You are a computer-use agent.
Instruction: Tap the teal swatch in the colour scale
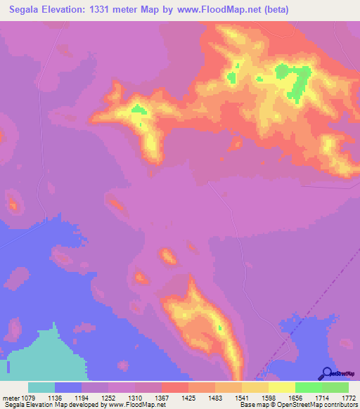[x=41, y=387]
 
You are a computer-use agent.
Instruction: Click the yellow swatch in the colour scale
[x=281, y=387]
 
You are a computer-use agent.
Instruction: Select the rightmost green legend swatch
[x=335, y=387]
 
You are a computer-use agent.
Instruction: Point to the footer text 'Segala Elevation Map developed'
[x=43, y=405]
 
